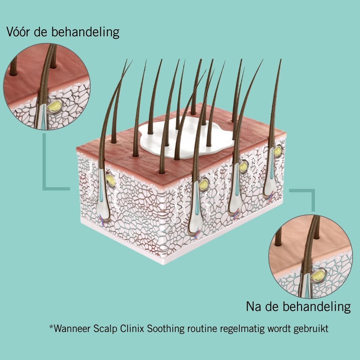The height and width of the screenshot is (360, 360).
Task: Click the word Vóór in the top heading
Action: [x=18, y=32]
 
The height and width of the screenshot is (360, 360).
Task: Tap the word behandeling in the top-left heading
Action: [x=85, y=32]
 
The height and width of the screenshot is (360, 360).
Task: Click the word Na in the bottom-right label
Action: [x=253, y=306]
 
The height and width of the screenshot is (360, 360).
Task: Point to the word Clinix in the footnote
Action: [x=132, y=328]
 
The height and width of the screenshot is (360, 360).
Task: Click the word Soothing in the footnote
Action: [x=166, y=329]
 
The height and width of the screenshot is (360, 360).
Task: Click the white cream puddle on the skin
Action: [x=186, y=138]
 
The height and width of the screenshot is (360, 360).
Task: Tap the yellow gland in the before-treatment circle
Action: [x=54, y=106]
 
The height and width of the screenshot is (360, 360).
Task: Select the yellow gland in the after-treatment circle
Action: [x=318, y=275]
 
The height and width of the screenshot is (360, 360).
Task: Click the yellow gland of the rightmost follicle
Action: [x=277, y=151]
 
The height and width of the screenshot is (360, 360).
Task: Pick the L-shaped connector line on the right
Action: [x=313, y=195]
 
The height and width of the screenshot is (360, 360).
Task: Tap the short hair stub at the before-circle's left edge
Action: [x=13, y=66]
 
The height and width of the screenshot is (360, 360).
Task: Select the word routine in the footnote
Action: [x=202, y=328]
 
